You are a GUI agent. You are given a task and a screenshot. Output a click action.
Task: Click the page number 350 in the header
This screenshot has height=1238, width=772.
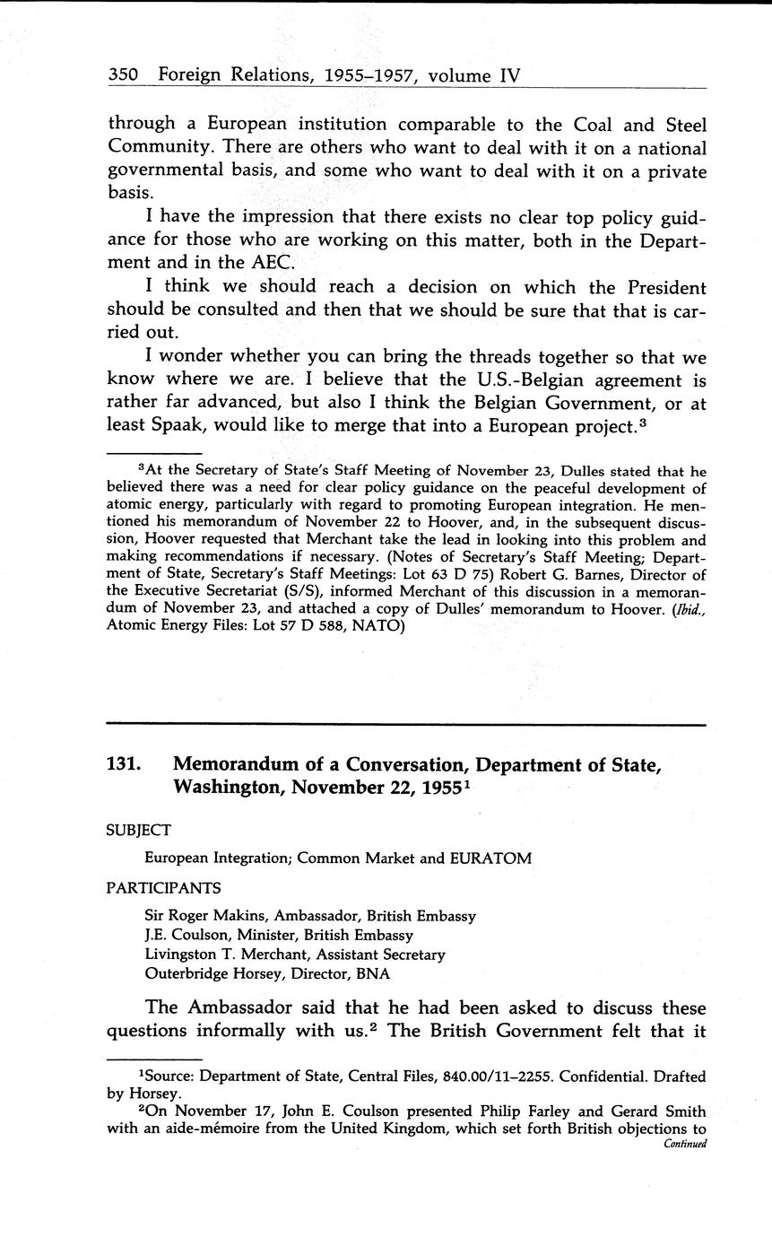coord(122,76)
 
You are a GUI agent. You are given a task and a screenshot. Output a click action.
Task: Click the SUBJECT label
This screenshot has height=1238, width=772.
coord(139,831)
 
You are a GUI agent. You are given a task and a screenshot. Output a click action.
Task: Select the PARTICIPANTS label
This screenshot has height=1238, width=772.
coord(164,888)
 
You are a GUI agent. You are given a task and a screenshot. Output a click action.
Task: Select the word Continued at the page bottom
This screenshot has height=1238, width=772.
coord(685,1144)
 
